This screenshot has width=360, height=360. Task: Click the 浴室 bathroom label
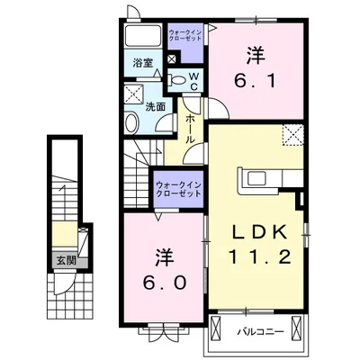(143, 63)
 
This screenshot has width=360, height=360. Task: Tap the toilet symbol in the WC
(176, 80)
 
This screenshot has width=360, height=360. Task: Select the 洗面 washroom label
(156, 107)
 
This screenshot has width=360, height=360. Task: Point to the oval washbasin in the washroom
(131, 123)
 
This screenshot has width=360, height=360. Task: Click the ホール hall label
(191, 129)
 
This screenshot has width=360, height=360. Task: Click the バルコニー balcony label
(261, 332)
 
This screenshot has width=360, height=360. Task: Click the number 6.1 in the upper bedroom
(255, 81)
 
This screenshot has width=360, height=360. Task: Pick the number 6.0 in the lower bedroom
(165, 283)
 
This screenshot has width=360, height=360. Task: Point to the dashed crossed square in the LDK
(293, 135)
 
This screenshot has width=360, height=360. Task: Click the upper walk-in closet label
(184, 36)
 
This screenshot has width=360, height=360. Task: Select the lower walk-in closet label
(178, 189)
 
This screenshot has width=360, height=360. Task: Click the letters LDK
(260, 232)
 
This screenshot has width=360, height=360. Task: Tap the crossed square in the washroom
(134, 94)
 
